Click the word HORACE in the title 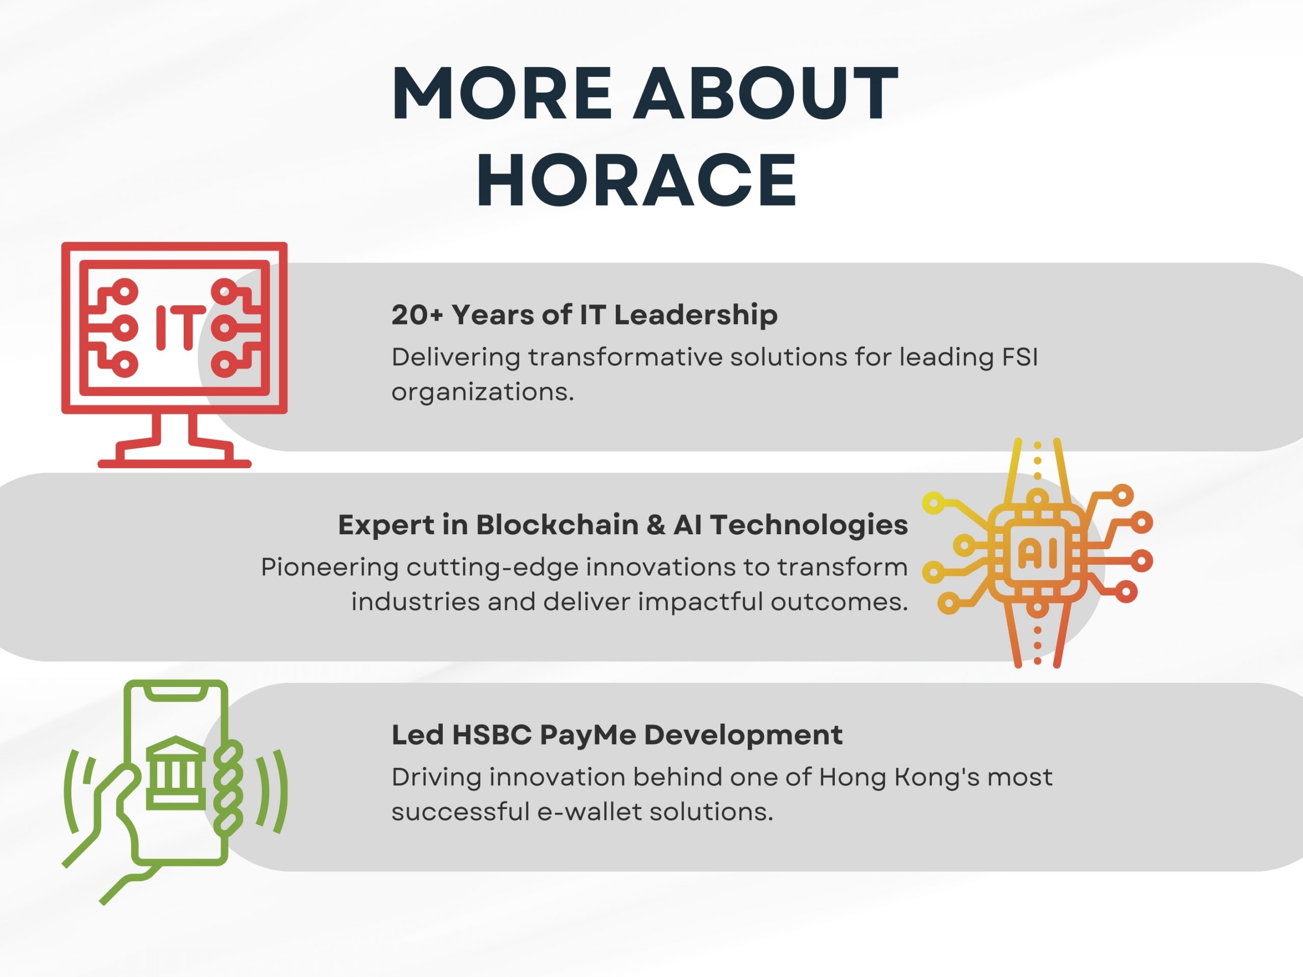(636, 179)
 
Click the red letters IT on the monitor (181, 327)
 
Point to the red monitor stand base (175, 463)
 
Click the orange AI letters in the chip (1037, 554)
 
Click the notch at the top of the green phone (176, 694)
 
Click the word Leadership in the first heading (696, 315)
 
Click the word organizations (483, 392)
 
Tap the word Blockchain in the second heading (557, 524)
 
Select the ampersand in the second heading (656, 525)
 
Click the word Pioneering (330, 568)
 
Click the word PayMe (587, 735)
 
